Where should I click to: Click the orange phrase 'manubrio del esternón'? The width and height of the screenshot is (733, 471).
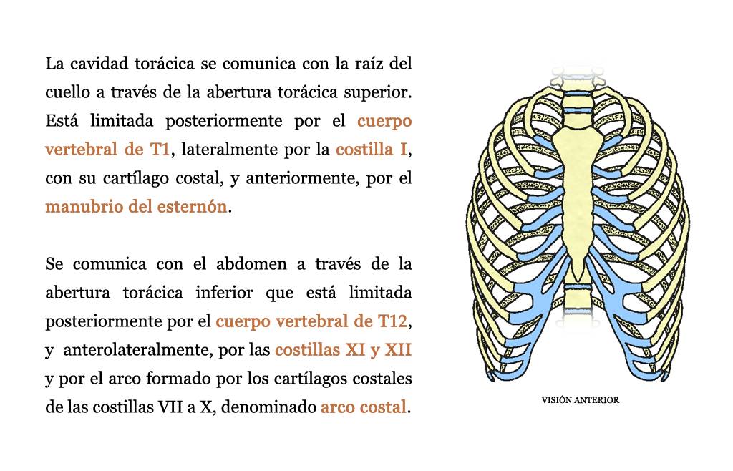click(x=136, y=207)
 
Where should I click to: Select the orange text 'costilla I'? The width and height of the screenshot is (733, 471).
click(x=372, y=150)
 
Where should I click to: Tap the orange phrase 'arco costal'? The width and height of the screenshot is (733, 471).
click(x=363, y=407)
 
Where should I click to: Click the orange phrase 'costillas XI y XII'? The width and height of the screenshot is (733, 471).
click(x=343, y=350)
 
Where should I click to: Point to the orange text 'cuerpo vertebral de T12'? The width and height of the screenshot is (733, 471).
click(x=312, y=321)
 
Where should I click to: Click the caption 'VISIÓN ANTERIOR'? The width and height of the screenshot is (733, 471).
click(x=580, y=400)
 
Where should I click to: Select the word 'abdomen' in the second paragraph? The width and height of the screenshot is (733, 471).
click(x=251, y=264)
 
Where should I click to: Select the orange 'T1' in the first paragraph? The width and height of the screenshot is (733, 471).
click(x=160, y=150)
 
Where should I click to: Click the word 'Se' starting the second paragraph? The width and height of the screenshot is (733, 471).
click(x=54, y=264)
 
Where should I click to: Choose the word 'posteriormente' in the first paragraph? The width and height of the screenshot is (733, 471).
click(x=224, y=121)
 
